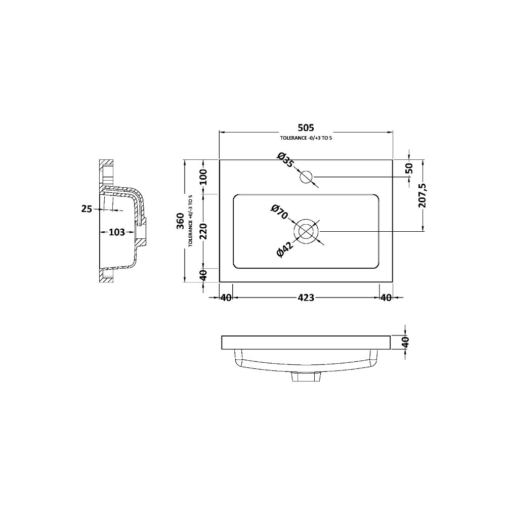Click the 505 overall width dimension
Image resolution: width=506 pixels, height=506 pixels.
click(306, 128)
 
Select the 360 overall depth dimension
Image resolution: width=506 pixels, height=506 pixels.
click(181, 221)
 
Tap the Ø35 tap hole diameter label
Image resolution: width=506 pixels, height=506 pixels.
click(285, 159)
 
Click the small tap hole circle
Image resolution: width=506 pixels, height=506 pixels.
click(306, 177)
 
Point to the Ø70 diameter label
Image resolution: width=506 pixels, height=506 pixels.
click(279, 212)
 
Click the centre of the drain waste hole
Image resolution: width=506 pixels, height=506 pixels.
click(306, 231)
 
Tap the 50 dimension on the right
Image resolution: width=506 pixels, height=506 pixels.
click(409, 168)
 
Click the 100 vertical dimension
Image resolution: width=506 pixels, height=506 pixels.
click(203, 177)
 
